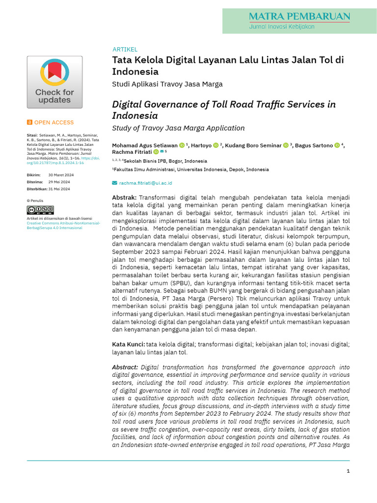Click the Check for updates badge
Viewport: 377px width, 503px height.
[x=54, y=82]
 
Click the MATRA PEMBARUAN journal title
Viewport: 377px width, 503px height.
[x=299, y=16]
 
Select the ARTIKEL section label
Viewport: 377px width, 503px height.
[x=125, y=50]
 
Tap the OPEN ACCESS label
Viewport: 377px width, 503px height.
[x=54, y=123]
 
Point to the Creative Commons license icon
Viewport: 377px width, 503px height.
[x=40, y=210]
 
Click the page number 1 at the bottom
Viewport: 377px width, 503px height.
[x=348, y=471]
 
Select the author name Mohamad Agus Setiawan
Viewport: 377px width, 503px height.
[x=145, y=146]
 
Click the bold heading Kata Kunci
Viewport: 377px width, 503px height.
[x=129, y=345]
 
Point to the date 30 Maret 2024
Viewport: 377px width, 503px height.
[x=61, y=175]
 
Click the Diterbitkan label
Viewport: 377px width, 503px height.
[x=37, y=189]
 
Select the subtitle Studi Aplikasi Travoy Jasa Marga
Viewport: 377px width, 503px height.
[x=167, y=84]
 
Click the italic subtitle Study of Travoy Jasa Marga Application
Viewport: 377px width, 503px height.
[x=178, y=128]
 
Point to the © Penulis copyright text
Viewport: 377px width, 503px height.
[x=35, y=201]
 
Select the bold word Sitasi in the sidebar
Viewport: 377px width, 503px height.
[x=31, y=135]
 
